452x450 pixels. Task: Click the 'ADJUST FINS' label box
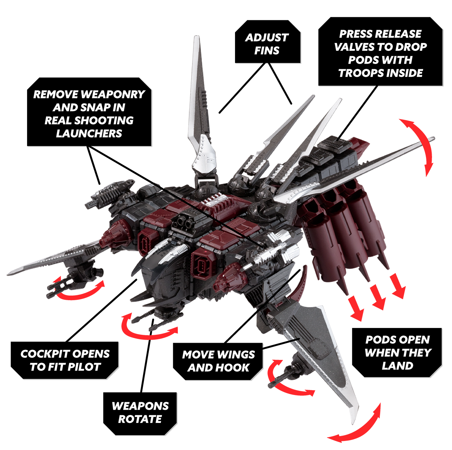pos(267,41)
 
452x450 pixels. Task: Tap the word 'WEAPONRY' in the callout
pos(113,94)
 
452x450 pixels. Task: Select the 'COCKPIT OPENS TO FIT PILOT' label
pos(64,360)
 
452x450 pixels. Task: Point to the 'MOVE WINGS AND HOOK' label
pos(218,362)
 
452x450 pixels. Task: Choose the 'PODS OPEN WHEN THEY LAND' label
pos(397,353)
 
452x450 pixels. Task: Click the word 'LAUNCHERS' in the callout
pos(89,133)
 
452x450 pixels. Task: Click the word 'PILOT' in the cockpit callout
pos(86,367)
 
